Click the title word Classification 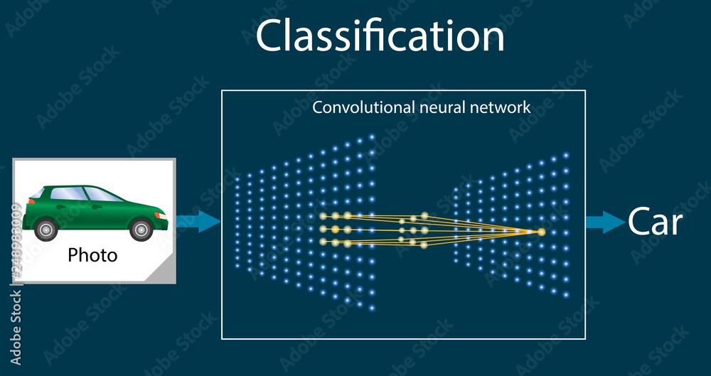(380, 36)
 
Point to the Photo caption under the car (92, 254)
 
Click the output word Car (655, 222)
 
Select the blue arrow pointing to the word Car (604, 222)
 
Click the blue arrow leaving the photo (198, 221)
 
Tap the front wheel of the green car (141, 229)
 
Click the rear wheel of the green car (46, 229)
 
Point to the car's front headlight (161, 214)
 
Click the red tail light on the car (31, 201)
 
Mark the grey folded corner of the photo (164, 272)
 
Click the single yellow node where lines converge (541, 232)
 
